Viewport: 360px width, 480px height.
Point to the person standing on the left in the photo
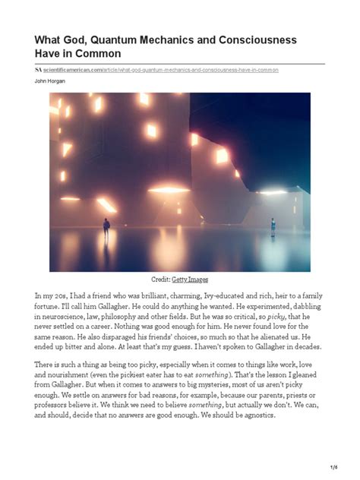click(106, 226)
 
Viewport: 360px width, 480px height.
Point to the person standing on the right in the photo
click(273, 226)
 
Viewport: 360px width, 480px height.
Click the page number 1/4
click(333, 465)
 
